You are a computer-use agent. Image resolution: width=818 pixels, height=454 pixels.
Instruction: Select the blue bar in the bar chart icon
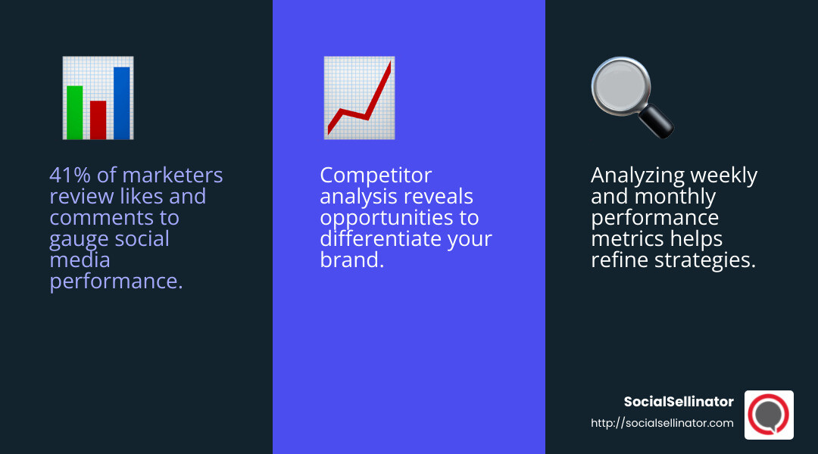click(x=121, y=103)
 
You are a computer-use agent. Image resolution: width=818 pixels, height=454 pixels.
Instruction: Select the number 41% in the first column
click(x=70, y=176)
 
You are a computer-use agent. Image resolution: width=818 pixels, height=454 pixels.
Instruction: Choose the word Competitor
click(x=376, y=176)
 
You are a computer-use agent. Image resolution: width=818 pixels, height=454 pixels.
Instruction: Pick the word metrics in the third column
click(x=626, y=239)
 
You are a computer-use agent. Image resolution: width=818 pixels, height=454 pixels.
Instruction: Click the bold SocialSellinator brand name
click(x=678, y=402)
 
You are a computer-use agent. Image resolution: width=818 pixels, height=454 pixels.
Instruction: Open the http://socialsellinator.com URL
click(x=662, y=423)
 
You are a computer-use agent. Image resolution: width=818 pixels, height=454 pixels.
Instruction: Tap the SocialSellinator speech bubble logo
click(x=769, y=415)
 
